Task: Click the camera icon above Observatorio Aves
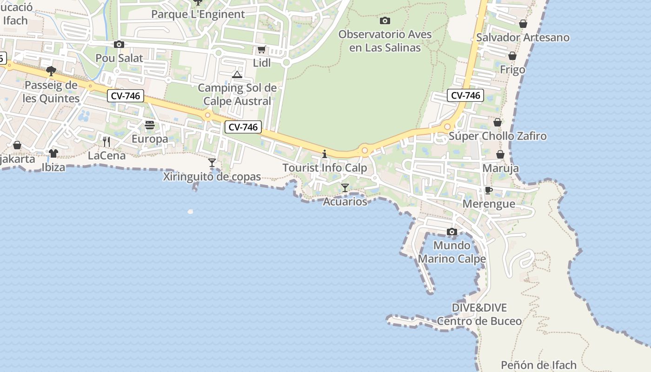[x=385, y=20]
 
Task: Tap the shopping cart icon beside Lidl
[x=261, y=50]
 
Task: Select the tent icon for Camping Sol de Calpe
[x=237, y=74]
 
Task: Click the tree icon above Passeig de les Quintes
[x=51, y=71]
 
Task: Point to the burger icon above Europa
[x=150, y=125]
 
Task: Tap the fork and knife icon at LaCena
[x=106, y=141]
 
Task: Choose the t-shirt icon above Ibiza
[x=53, y=153]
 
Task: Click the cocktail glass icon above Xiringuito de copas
[x=212, y=162]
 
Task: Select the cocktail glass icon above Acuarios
[x=345, y=187]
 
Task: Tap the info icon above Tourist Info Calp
[x=325, y=154]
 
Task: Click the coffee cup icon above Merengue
[x=488, y=190]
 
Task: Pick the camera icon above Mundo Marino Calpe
[x=452, y=232]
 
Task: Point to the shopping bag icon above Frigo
[x=512, y=56]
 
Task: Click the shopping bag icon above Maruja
[x=500, y=154]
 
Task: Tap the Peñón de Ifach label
[x=538, y=365]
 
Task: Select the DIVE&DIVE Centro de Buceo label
[x=479, y=314]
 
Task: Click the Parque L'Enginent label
[x=198, y=14]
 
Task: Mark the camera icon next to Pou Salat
[x=119, y=45]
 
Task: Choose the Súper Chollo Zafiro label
[x=498, y=136]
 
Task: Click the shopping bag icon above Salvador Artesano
[x=523, y=24]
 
